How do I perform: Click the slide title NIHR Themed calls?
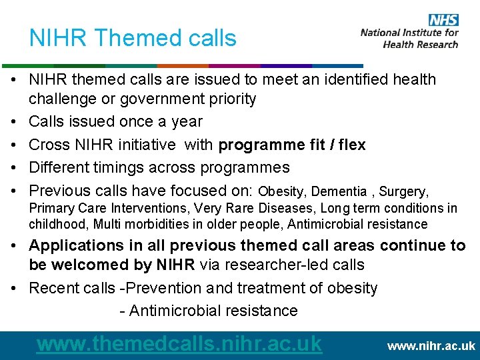(133, 38)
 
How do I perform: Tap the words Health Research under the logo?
(421, 45)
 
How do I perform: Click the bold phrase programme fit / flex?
(292, 145)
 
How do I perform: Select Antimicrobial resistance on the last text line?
(213, 311)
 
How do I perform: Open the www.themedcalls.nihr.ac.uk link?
(179, 343)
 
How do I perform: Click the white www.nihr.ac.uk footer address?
(431, 346)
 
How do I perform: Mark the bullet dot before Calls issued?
(13, 122)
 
